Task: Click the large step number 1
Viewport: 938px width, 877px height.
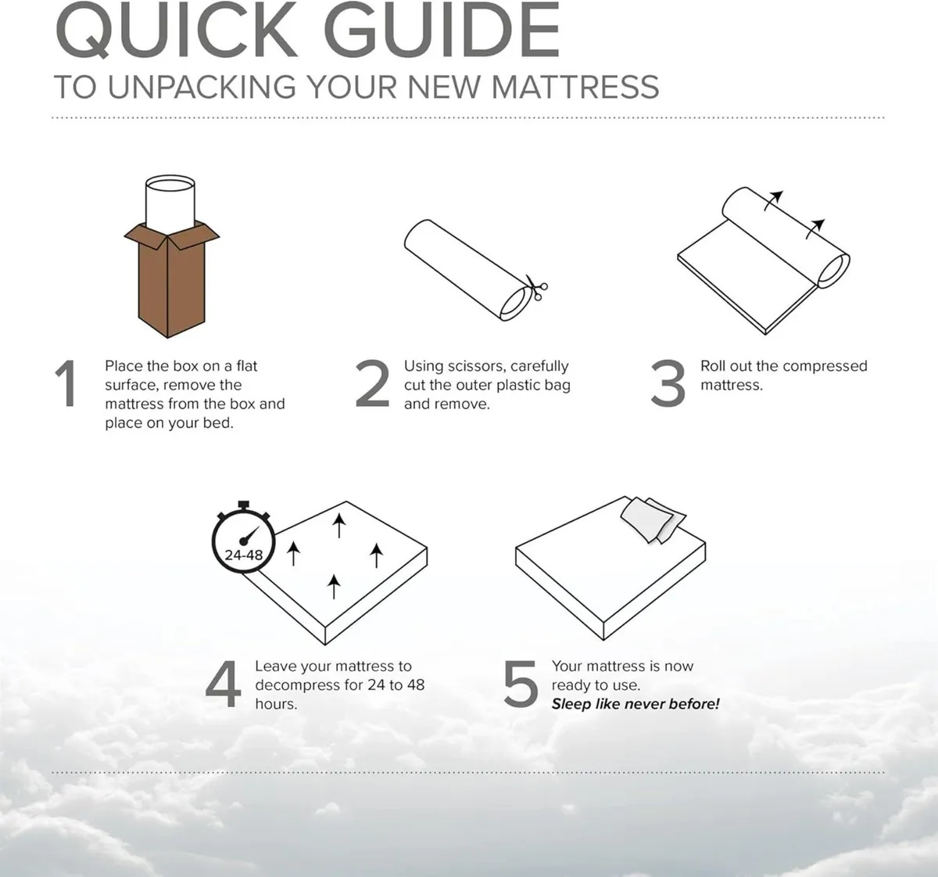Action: (66, 383)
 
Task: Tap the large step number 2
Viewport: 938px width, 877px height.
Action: (371, 383)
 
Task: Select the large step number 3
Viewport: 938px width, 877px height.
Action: (668, 383)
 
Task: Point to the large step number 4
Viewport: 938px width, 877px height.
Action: (223, 684)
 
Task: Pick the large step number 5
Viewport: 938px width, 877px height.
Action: (520, 684)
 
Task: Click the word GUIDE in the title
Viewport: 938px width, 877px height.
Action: (442, 31)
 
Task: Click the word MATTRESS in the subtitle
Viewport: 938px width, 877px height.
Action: (576, 87)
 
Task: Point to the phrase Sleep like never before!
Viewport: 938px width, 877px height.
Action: (635, 704)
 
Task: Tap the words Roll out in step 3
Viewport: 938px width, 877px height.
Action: (725, 366)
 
